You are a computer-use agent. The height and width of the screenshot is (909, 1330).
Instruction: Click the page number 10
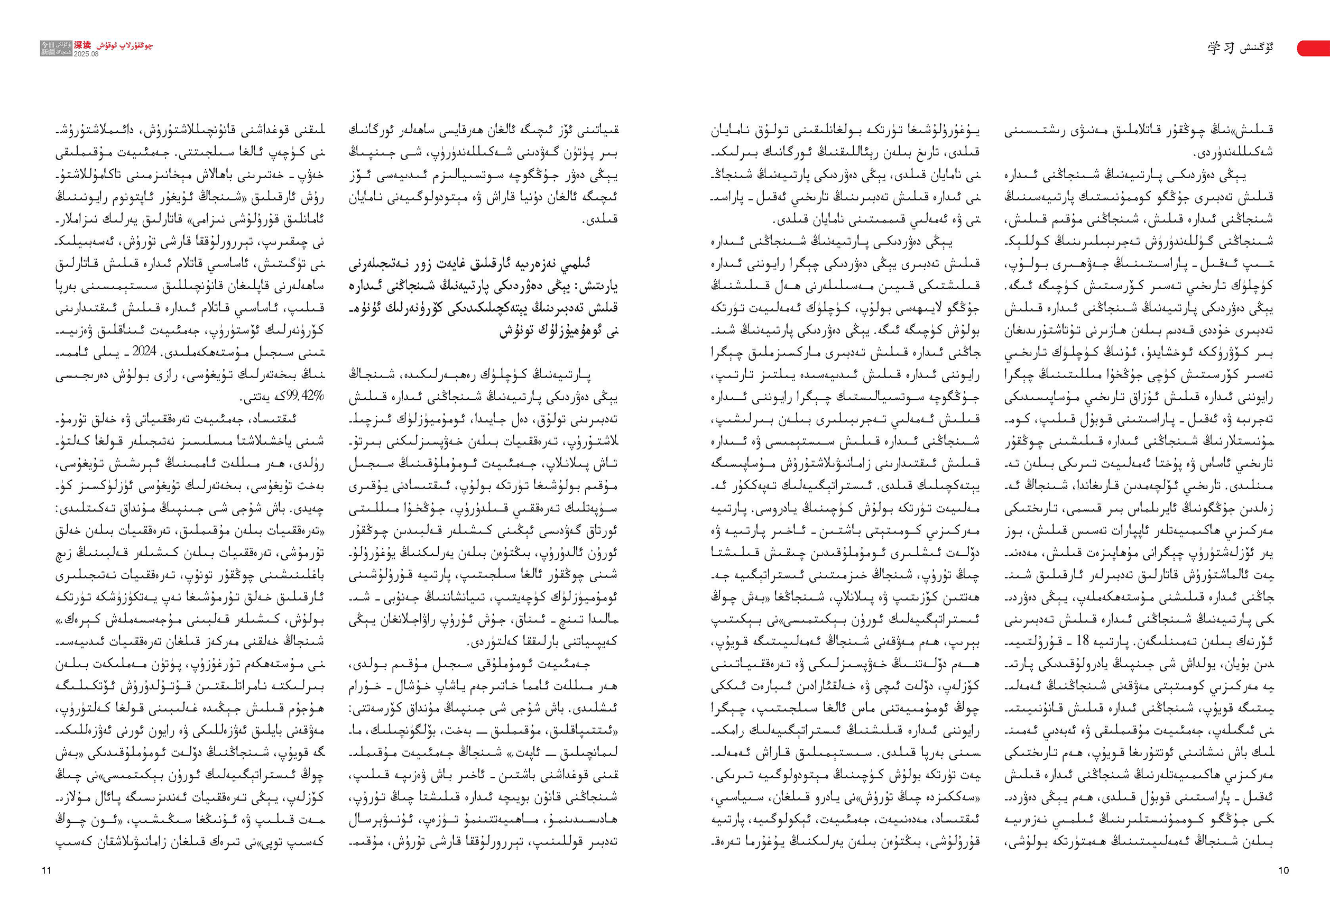tap(1283, 870)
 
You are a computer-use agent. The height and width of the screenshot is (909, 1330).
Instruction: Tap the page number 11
tap(47, 870)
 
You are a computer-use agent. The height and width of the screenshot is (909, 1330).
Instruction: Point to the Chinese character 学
tap(1214, 49)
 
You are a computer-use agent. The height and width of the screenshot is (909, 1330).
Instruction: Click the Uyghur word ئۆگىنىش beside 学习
tap(1257, 49)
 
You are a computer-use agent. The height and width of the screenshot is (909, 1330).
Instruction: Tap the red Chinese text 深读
tap(82, 44)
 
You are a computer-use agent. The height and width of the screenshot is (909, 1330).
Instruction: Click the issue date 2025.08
tap(86, 54)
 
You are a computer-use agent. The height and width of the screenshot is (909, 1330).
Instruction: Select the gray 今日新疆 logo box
tap(56, 49)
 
